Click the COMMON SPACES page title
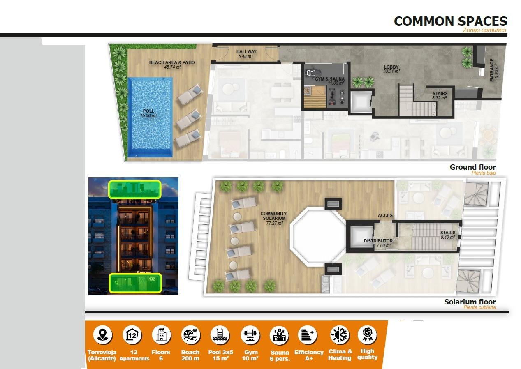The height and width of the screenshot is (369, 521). (450, 21)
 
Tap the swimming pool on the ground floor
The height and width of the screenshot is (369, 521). (150, 117)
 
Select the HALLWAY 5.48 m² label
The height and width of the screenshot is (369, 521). (246, 54)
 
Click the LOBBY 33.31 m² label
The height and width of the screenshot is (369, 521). (391, 69)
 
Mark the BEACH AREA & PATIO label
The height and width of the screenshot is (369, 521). (172, 65)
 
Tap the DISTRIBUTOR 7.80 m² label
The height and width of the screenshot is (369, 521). (378, 243)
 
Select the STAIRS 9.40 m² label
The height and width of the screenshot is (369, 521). (448, 235)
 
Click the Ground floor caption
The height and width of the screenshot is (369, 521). (472, 167)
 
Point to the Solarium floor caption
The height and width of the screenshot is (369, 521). (470, 302)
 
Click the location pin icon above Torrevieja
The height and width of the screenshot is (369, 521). (102, 335)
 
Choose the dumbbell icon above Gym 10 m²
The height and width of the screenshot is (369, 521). (250, 335)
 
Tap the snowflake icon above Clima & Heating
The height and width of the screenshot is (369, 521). (340, 335)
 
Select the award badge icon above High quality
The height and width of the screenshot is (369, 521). (367, 335)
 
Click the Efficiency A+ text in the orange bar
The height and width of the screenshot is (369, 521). (309, 355)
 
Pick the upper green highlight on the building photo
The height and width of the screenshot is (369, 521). (134, 189)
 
